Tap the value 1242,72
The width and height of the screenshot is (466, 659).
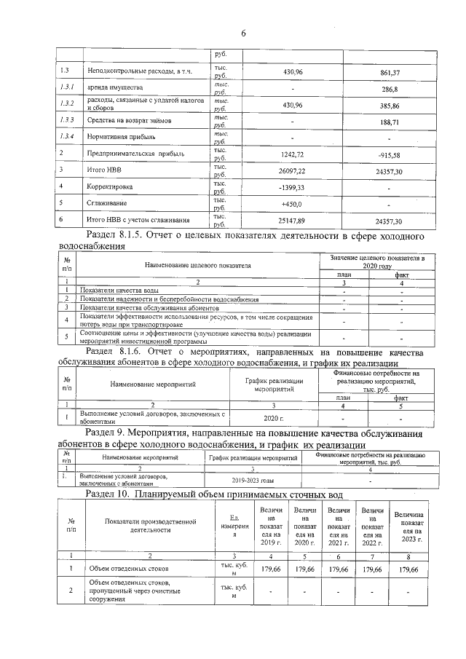(x=291, y=154)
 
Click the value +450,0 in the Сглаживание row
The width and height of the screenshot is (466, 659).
(x=291, y=203)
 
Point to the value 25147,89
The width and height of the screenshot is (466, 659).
(x=291, y=220)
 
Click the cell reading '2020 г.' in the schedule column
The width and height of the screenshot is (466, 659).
(x=272, y=419)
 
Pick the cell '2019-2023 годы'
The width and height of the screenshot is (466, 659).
(x=253, y=481)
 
